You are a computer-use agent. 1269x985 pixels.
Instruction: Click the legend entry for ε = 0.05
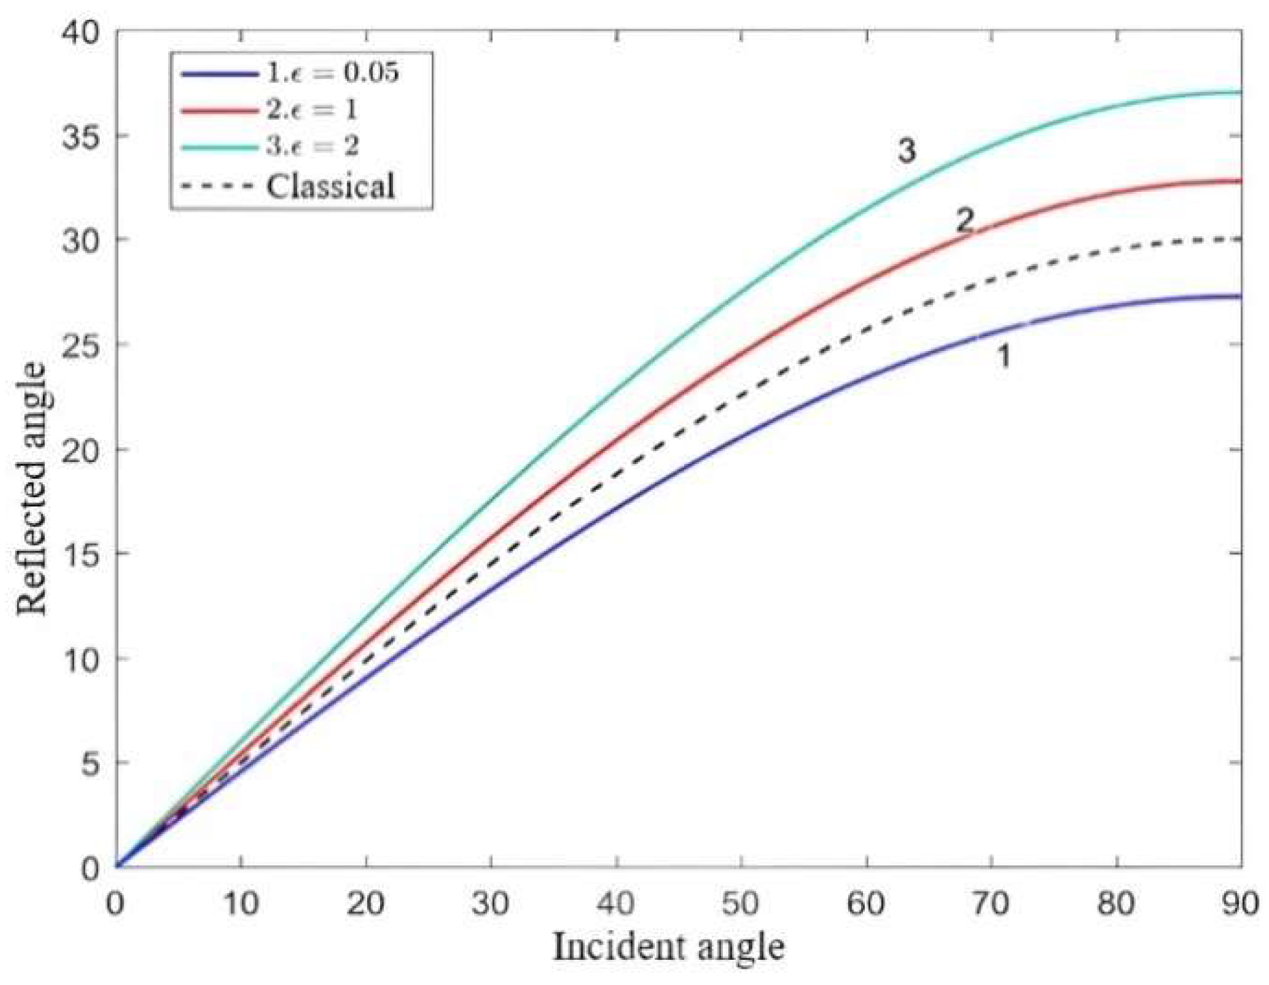[x=332, y=72]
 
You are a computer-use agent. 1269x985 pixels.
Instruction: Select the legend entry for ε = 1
[x=311, y=109]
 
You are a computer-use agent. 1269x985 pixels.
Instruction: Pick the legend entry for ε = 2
[x=312, y=146]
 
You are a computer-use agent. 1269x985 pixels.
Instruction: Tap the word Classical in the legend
[x=331, y=186]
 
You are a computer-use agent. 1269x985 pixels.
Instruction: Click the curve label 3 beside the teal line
[x=907, y=151]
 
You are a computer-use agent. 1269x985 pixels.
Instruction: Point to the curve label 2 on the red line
[x=964, y=220]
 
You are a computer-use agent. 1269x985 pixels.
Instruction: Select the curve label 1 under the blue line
[x=1003, y=356]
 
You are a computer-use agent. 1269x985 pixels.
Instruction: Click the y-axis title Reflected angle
[x=32, y=488]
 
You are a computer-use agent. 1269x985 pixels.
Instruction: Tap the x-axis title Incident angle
[x=669, y=946]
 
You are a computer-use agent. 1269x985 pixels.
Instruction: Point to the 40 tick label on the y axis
[x=79, y=31]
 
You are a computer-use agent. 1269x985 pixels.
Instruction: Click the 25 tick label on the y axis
[x=79, y=344]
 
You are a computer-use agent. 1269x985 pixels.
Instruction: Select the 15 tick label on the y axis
[x=79, y=553]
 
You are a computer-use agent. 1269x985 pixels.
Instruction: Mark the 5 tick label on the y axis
[x=88, y=763]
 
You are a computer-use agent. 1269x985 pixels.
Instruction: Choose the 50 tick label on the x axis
[x=741, y=905]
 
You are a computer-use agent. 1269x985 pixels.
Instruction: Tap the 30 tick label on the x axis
[x=490, y=905]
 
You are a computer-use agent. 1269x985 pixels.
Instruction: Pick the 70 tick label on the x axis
[x=991, y=905]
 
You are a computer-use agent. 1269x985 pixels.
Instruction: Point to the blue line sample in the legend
[x=219, y=73]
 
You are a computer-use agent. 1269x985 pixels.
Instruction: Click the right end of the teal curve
[x=1239, y=92]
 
